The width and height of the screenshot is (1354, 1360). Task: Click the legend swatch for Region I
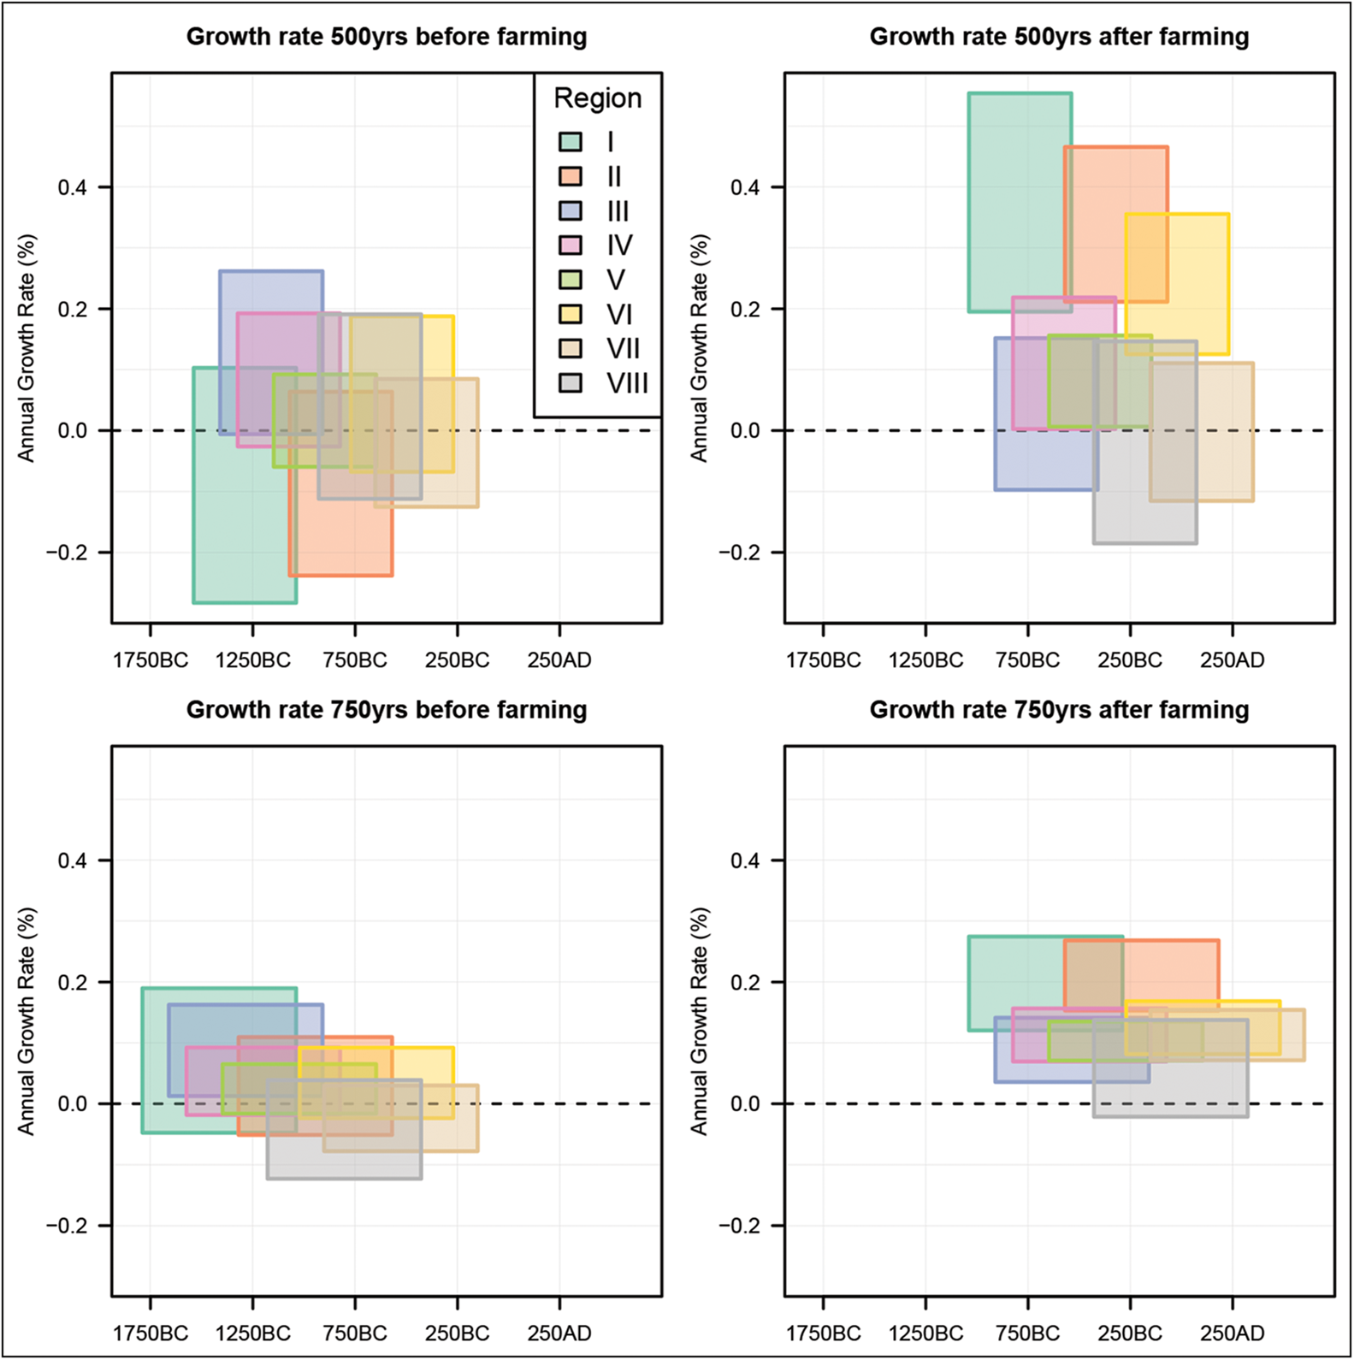[x=571, y=142]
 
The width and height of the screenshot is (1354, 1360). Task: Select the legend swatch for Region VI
[x=571, y=315]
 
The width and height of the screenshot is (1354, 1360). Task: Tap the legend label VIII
[x=627, y=383]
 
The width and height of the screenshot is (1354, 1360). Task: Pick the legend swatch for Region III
[x=571, y=211]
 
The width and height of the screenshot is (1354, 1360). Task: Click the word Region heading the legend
[x=597, y=98]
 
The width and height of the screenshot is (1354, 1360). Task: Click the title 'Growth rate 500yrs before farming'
[x=387, y=37]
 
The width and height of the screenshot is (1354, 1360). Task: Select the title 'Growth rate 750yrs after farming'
[x=1059, y=710]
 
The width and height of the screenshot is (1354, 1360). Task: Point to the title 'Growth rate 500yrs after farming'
[x=1059, y=37]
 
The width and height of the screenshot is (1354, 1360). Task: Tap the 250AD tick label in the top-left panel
[x=559, y=660]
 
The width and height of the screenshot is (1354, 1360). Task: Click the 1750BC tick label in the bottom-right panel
[x=823, y=1333]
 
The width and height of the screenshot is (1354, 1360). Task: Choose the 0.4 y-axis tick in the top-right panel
[x=746, y=187]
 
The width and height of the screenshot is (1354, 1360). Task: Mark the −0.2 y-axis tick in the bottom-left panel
[x=67, y=1226]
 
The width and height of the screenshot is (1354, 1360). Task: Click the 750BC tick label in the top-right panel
[x=1027, y=660]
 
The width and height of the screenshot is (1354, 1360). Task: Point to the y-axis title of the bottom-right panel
[x=700, y=1021]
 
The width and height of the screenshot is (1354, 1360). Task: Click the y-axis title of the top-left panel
[x=27, y=348]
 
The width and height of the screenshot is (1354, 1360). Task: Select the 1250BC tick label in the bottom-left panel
[x=252, y=1333]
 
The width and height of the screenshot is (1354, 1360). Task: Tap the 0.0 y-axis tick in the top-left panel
[x=73, y=430]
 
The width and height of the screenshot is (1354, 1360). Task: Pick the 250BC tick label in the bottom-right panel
[x=1130, y=1333]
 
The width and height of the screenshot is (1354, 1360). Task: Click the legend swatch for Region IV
[x=571, y=245]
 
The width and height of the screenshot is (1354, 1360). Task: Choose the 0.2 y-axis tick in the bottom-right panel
[x=746, y=982]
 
